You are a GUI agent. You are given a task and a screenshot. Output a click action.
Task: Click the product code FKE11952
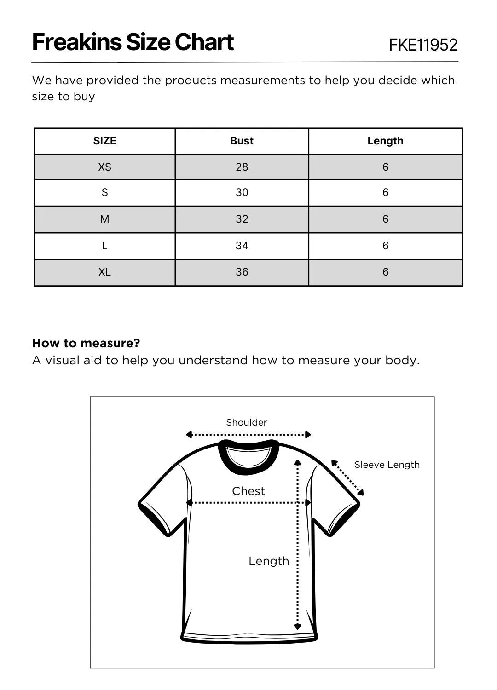click(423, 45)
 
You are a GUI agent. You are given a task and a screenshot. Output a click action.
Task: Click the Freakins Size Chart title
click(133, 42)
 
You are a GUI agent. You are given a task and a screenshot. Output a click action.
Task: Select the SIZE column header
click(104, 141)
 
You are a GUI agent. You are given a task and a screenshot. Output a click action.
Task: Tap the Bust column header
click(242, 141)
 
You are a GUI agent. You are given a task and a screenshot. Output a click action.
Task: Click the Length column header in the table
click(385, 141)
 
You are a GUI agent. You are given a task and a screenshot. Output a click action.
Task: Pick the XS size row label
click(104, 167)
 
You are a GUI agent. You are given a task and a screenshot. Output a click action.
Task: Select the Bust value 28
click(242, 167)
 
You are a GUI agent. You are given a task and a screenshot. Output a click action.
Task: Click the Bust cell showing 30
click(242, 192)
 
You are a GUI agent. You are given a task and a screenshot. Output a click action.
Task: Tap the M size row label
click(104, 219)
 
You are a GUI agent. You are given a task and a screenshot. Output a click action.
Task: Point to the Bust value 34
click(242, 246)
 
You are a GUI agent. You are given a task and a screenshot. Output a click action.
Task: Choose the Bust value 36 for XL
click(242, 272)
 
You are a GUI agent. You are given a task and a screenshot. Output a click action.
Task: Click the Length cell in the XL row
click(385, 272)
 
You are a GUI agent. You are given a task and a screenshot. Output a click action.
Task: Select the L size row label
click(104, 246)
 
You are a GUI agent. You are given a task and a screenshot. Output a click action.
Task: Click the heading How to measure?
click(86, 343)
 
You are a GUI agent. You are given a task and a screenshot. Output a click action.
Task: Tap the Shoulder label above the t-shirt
click(246, 422)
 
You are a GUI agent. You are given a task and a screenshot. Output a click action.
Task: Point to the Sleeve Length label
click(387, 465)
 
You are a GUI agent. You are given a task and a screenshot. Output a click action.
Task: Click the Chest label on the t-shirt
click(248, 491)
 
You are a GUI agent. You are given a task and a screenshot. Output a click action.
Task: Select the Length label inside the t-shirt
click(269, 561)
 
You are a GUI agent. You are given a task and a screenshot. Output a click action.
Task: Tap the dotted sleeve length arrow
click(347, 478)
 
